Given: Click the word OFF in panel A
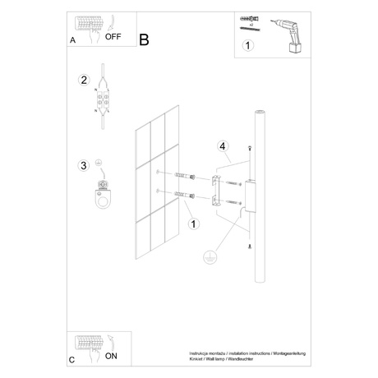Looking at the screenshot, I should point(115,38).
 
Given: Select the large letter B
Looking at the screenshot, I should point(145,39).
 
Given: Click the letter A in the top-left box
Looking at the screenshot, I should point(73,39).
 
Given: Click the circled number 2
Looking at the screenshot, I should point(83,81).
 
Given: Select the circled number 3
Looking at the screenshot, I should point(83,166).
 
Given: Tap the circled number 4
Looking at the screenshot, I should point(222,148).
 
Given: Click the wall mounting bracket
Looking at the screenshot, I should point(217,188).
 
